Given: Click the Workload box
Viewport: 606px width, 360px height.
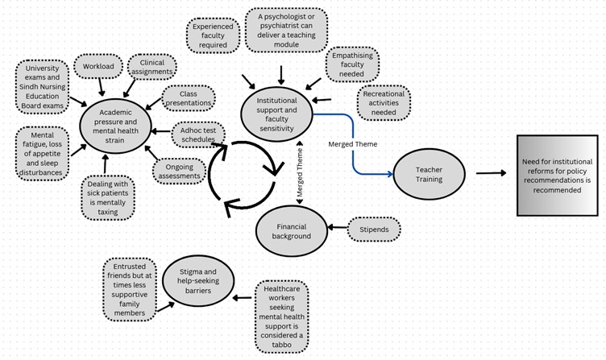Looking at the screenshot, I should (99, 66).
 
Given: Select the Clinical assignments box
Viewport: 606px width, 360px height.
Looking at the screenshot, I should (151, 68).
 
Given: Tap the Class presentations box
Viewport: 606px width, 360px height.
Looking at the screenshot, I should (188, 97).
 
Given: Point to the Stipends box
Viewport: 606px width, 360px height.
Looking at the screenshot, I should (373, 230).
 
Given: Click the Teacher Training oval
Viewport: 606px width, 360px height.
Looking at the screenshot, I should (429, 175).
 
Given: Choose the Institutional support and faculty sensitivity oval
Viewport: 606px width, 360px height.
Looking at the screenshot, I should (276, 114).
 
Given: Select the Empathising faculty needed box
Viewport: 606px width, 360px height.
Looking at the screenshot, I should (351, 64).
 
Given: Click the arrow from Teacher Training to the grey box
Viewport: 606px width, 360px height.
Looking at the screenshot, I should (491, 173).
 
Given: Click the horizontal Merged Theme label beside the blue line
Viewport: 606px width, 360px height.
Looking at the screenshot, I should (353, 143).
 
